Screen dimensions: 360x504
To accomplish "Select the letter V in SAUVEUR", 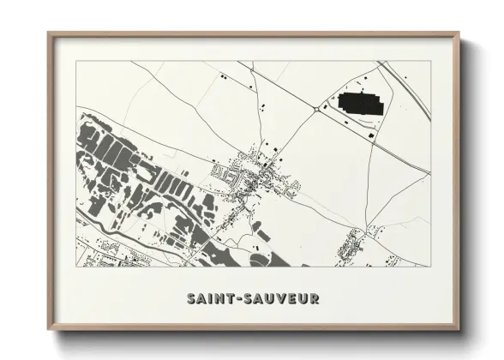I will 279,299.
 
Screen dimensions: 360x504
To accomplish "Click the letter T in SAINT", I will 233,299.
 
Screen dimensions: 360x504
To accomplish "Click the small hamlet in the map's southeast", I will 351,246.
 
